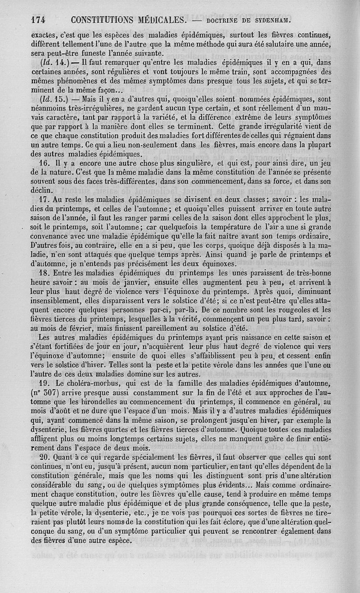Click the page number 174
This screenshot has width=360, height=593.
(40, 20)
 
